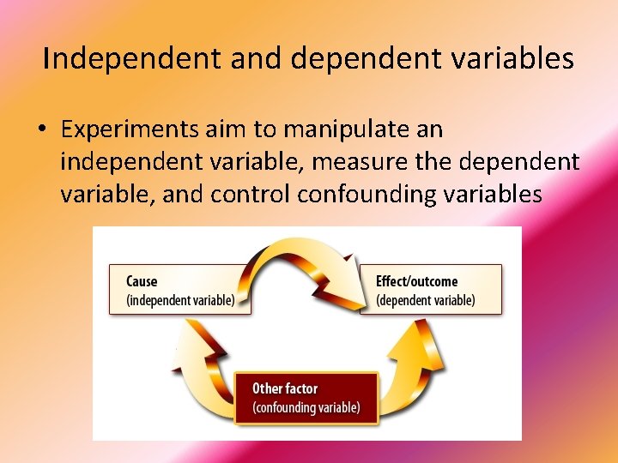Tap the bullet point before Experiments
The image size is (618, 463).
(41, 130)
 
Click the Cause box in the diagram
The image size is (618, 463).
(179, 290)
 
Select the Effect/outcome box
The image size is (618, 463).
(430, 290)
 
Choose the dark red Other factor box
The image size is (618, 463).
(306, 398)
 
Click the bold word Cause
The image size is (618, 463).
(142, 281)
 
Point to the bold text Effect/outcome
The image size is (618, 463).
(416, 281)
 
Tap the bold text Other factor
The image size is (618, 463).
(284, 388)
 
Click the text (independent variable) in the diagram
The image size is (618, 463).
(179, 300)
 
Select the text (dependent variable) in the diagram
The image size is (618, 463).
(426, 300)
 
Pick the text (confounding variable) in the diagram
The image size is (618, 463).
(306, 407)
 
